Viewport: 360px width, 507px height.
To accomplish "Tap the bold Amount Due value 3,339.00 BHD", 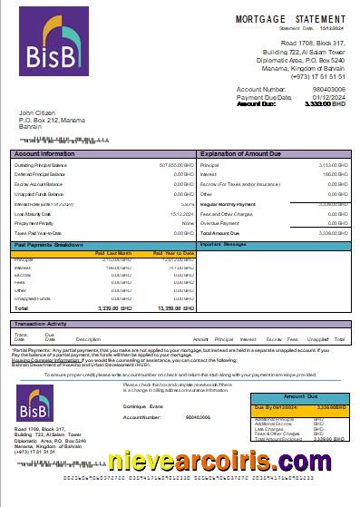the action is [x=325, y=104].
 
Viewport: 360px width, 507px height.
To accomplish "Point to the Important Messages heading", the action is [x=223, y=245].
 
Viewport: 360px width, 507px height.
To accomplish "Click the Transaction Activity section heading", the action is [x=45, y=323].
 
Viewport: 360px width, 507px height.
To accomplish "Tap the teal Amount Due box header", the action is [x=302, y=398].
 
